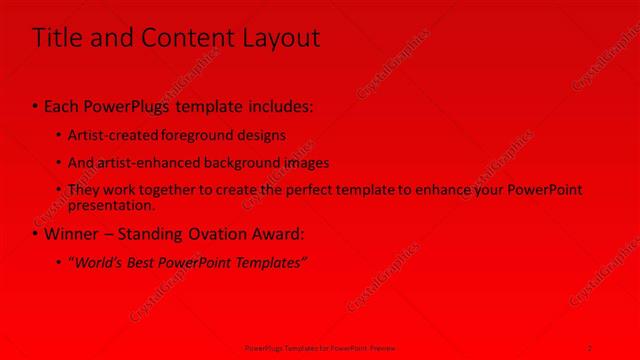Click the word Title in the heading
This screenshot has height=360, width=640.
click(56, 38)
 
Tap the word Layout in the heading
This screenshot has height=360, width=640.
click(280, 38)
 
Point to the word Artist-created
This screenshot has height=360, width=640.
click(108, 134)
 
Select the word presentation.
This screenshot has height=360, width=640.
click(111, 205)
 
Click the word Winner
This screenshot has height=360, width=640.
click(71, 234)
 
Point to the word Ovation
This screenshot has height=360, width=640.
click(217, 234)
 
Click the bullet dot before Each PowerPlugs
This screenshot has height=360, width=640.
click(35, 105)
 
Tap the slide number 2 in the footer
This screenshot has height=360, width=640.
click(590, 347)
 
